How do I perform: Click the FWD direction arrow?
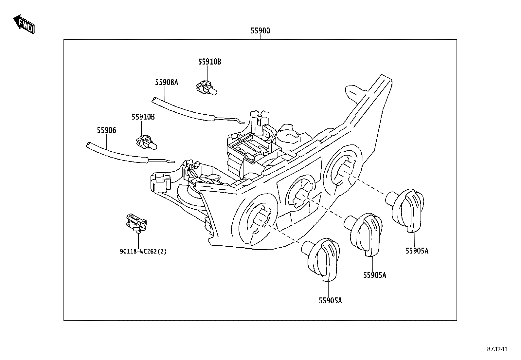tap(24, 24)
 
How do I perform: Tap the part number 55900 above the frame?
tap(260, 31)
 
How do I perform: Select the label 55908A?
tap(167, 82)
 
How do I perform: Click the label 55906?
tap(106, 130)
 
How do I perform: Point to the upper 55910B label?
tap(210, 62)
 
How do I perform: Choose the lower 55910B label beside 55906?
tap(143, 117)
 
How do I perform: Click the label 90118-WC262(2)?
tap(143, 252)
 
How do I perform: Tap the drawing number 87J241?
tap(497, 349)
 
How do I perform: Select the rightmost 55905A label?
tap(417, 251)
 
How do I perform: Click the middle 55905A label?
tap(375, 275)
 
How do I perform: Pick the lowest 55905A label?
tap(330, 301)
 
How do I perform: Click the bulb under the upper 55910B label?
tap(207, 88)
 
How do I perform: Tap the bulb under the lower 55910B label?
tap(147, 143)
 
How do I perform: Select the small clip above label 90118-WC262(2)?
tap(136, 223)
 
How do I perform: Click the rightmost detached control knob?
tap(405, 210)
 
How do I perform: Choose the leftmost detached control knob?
tap(321, 259)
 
